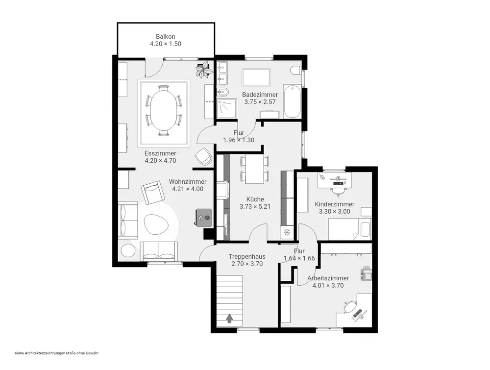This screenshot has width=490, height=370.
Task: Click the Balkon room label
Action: point(166,37)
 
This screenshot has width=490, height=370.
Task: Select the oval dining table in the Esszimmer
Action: point(164,111)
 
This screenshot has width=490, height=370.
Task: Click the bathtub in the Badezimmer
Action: point(292,101)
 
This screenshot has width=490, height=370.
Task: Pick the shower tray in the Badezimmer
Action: point(227,109)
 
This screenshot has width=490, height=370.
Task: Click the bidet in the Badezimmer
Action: point(223,93)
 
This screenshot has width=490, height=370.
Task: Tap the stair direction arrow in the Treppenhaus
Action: point(230,318)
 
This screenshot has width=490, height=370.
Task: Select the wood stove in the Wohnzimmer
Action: point(203,217)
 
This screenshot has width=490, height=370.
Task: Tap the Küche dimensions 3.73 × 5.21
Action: point(255,206)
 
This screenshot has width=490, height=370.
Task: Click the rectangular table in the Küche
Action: point(255,169)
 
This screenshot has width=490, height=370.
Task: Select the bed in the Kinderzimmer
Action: point(350,229)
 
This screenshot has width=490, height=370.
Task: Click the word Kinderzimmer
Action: point(334,204)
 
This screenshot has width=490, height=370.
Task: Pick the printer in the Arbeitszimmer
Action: point(367,274)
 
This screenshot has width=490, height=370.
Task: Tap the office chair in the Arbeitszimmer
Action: point(349,306)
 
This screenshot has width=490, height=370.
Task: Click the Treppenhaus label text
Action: point(247,257)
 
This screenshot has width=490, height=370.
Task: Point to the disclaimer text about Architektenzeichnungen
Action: point(56,353)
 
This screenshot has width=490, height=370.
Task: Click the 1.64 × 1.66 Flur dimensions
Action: point(299,258)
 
